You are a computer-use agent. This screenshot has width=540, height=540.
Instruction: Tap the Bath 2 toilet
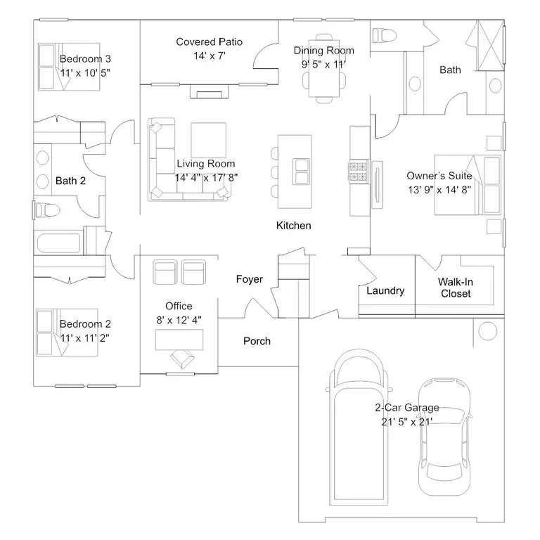click(x=47, y=210)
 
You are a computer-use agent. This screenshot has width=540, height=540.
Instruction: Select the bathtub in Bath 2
click(x=58, y=243)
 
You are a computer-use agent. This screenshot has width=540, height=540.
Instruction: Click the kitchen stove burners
click(x=358, y=172)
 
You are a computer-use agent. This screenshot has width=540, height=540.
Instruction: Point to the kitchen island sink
click(x=301, y=172)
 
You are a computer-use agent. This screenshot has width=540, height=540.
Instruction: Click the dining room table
click(x=323, y=68)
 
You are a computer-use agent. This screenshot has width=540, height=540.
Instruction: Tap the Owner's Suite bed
click(x=468, y=185)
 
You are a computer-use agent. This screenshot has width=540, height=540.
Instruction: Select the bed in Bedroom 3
click(x=69, y=67)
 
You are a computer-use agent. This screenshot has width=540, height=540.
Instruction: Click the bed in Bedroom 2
click(x=67, y=333)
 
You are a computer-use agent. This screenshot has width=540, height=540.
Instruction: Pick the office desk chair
click(x=182, y=359)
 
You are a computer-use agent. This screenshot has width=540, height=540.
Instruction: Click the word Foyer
click(x=250, y=279)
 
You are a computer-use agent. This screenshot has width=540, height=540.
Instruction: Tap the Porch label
click(x=257, y=341)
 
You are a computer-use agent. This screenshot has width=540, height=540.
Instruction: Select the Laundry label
click(x=385, y=290)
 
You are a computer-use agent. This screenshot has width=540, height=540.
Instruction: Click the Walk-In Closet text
click(x=456, y=288)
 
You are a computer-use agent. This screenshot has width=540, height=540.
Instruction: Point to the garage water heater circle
click(x=488, y=331)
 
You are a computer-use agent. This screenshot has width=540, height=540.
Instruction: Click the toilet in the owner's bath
click(x=385, y=35)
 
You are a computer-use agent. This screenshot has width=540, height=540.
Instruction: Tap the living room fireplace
click(x=209, y=91)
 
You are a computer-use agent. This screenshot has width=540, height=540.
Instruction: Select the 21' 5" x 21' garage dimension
click(x=406, y=422)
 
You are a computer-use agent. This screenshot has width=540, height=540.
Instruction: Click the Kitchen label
click(x=293, y=226)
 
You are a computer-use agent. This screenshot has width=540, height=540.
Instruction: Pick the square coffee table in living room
click(x=208, y=140)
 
